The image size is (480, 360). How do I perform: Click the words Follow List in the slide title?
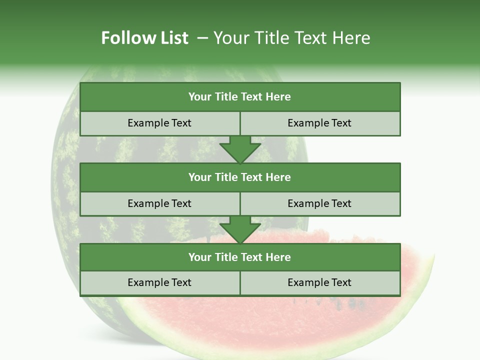[144, 38]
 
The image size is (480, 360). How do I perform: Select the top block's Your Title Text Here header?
[239, 97]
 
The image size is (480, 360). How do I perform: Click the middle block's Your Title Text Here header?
[239, 177]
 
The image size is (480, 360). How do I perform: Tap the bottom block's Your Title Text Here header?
[239, 257]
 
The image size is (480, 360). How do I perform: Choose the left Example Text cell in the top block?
[159, 123]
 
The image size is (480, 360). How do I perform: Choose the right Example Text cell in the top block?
[319, 123]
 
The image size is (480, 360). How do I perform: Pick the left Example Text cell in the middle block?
[159, 203]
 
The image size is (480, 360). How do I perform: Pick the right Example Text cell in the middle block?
[319, 203]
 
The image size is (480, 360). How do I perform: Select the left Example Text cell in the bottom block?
[159, 282]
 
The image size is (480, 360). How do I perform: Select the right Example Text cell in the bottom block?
[319, 282]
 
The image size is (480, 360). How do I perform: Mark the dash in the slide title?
[202, 38]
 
